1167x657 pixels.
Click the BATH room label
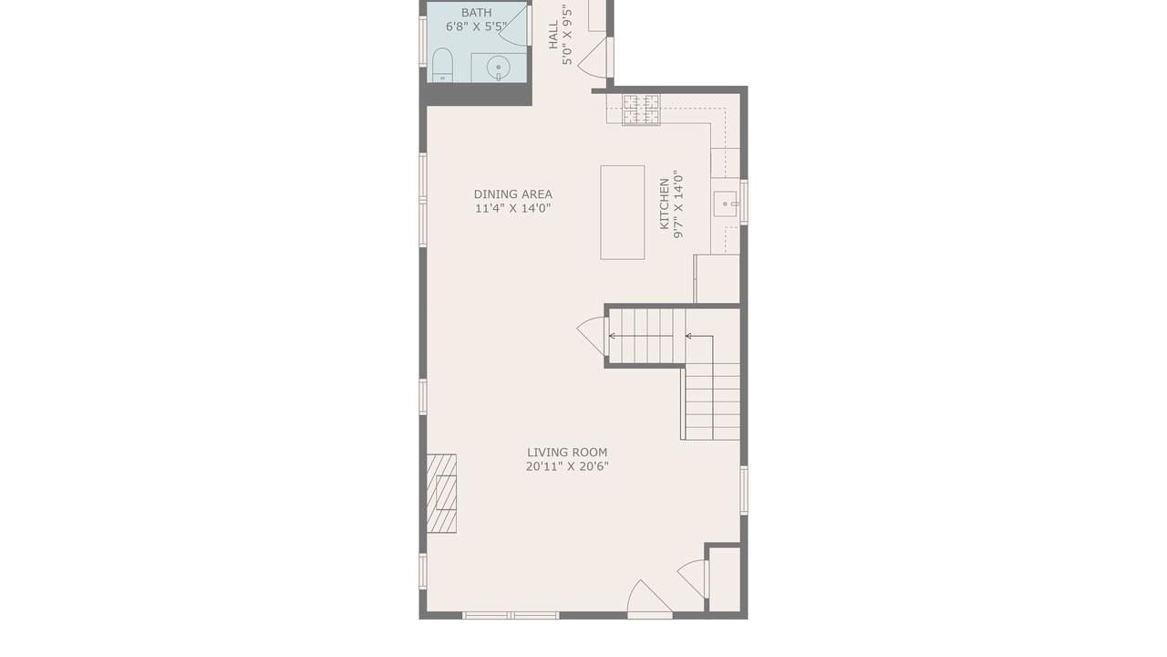pos(476,13)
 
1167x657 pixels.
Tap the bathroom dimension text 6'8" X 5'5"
pos(476,26)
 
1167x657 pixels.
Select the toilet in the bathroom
pos(442,65)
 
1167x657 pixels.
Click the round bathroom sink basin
pos(499,68)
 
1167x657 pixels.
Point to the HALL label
pos(553,35)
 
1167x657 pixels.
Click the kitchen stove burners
pos(641,109)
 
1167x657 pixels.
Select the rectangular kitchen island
pos(622,213)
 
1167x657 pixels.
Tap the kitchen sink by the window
pos(725,203)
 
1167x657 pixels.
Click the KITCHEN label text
pos(665,203)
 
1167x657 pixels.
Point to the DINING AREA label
pos(512,194)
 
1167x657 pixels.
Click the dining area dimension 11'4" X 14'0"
pos(512,209)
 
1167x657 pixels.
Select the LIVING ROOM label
pos(567,453)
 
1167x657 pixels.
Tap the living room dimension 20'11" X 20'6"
pos(567,466)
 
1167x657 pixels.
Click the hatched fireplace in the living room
pos(441,494)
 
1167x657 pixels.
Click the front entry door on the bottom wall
pos(649,600)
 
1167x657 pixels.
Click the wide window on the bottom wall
pos(511,616)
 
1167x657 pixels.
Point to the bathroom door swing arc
pos(513,27)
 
